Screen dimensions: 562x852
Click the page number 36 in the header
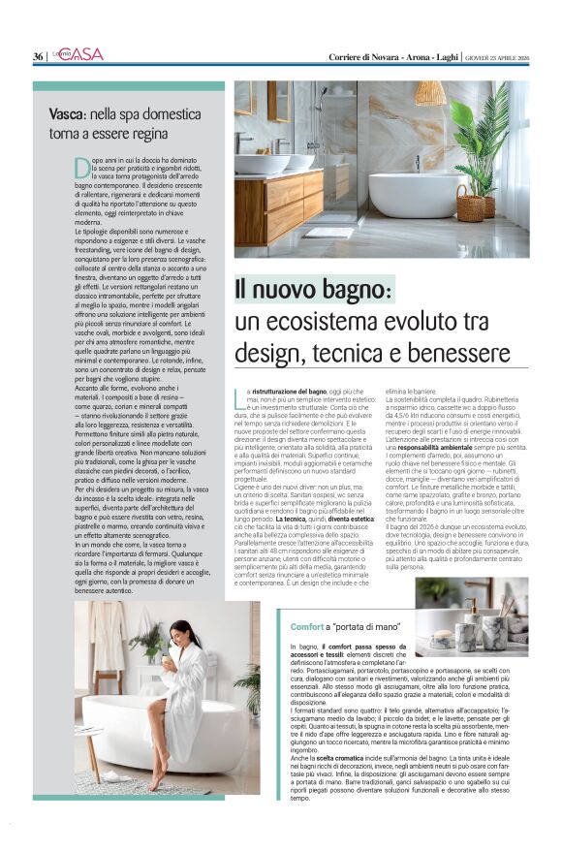38,56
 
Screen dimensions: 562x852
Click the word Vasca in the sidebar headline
69,113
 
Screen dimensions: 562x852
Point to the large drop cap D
82,168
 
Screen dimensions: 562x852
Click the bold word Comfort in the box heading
305,628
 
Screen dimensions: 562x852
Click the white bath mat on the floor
328,233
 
